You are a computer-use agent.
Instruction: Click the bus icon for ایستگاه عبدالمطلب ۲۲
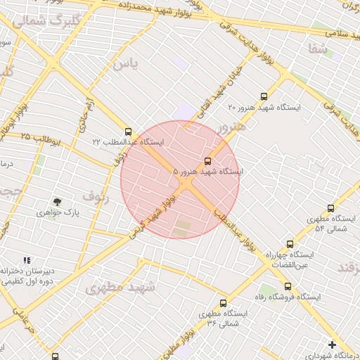click(127, 131)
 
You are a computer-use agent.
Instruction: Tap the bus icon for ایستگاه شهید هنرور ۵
click(208, 161)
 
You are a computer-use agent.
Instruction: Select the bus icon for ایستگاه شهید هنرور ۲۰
click(264, 97)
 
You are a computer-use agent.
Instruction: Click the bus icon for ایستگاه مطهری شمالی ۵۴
click(330, 209)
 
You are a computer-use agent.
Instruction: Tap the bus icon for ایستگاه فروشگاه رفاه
click(287, 286)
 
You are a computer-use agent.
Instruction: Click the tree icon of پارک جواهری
click(56, 202)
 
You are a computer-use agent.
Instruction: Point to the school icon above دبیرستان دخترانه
click(27, 260)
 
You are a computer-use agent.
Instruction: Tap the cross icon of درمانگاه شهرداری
click(332, 345)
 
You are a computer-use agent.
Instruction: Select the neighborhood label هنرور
click(231, 127)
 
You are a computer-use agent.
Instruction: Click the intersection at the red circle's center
click(181, 181)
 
